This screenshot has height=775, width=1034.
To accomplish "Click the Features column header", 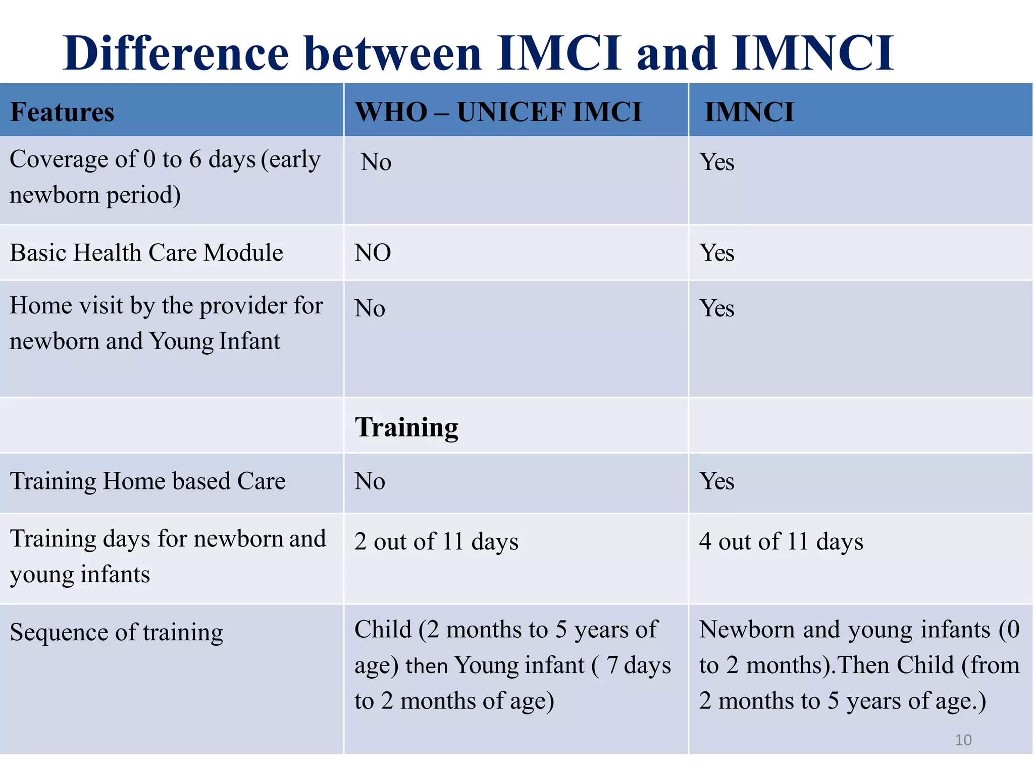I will pos(62,112).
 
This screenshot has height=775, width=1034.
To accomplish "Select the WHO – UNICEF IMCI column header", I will pos(498,112).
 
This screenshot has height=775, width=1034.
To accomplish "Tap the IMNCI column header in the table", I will pos(749,112).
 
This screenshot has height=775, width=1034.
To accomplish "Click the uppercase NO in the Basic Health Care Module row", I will pos(373,253).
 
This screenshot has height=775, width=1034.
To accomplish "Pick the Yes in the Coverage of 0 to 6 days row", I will pos(716,162).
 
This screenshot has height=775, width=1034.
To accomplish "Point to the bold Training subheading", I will pos(406,427).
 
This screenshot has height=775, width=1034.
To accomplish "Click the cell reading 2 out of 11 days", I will pos(436,542).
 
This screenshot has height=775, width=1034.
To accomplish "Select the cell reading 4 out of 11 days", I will pos(781,542).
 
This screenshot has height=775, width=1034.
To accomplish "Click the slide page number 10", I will pos(963,740).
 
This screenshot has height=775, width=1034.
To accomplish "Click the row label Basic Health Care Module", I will pos(146,253).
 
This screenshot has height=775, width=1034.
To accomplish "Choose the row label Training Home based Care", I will pos(148,481).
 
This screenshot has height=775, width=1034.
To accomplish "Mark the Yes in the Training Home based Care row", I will pos(716,481).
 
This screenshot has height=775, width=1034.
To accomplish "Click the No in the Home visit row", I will pos(370,308).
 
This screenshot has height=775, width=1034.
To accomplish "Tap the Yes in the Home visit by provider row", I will pos(716,308).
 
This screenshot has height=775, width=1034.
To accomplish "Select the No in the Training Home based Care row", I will pos(370,481).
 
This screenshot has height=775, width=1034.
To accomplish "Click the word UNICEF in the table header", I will pos(504,112).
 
